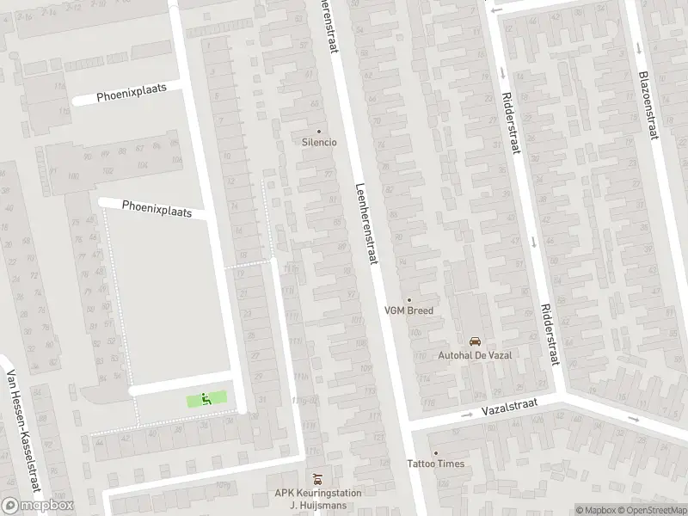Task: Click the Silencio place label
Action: point(319,142)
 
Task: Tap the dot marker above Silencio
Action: point(319,132)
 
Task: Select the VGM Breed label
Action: point(408,310)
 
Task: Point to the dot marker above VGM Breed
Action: point(408,300)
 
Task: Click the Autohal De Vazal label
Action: point(474,354)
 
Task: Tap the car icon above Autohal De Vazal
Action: point(474,341)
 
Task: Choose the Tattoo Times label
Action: point(435,464)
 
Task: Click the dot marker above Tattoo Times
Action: point(435,453)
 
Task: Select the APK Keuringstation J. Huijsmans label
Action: point(318,499)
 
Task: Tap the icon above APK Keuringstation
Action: point(318,478)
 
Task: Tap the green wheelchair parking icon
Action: point(206,398)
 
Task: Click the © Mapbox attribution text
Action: point(594,509)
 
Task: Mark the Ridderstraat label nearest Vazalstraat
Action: point(550,333)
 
